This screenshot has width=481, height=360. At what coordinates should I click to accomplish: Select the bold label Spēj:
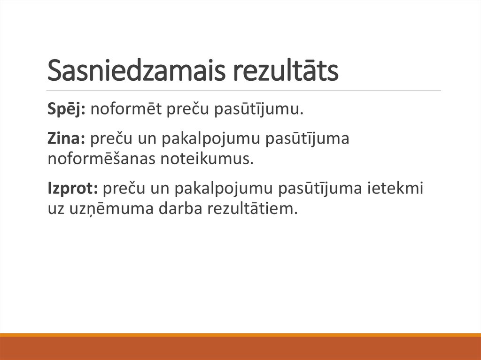(66, 111)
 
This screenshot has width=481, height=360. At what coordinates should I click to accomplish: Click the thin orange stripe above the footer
(240, 335)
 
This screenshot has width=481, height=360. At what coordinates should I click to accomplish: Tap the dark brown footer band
(240, 348)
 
